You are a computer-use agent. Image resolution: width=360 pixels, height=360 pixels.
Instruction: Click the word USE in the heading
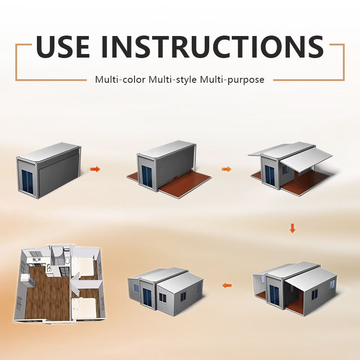click(63, 47)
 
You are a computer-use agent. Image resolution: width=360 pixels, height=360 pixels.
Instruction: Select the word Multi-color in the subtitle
click(120, 80)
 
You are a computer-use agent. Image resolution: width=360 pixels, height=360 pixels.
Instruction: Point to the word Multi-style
click(173, 80)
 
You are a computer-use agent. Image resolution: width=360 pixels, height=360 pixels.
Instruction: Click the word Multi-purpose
click(232, 80)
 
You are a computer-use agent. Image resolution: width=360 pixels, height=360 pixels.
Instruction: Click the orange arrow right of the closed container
click(95, 170)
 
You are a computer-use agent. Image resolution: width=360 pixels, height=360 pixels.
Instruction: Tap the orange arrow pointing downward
click(292, 229)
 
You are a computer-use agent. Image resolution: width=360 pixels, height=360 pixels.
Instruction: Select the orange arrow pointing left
click(227, 286)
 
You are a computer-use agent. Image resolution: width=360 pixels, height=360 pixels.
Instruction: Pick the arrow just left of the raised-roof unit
click(226, 170)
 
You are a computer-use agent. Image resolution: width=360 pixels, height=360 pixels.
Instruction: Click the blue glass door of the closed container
click(27, 182)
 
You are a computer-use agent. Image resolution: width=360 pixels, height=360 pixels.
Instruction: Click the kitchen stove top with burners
click(37, 260)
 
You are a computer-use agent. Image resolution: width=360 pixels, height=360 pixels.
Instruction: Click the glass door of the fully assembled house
click(147, 297)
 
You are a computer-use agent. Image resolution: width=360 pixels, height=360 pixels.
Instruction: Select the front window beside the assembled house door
click(162, 297)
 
